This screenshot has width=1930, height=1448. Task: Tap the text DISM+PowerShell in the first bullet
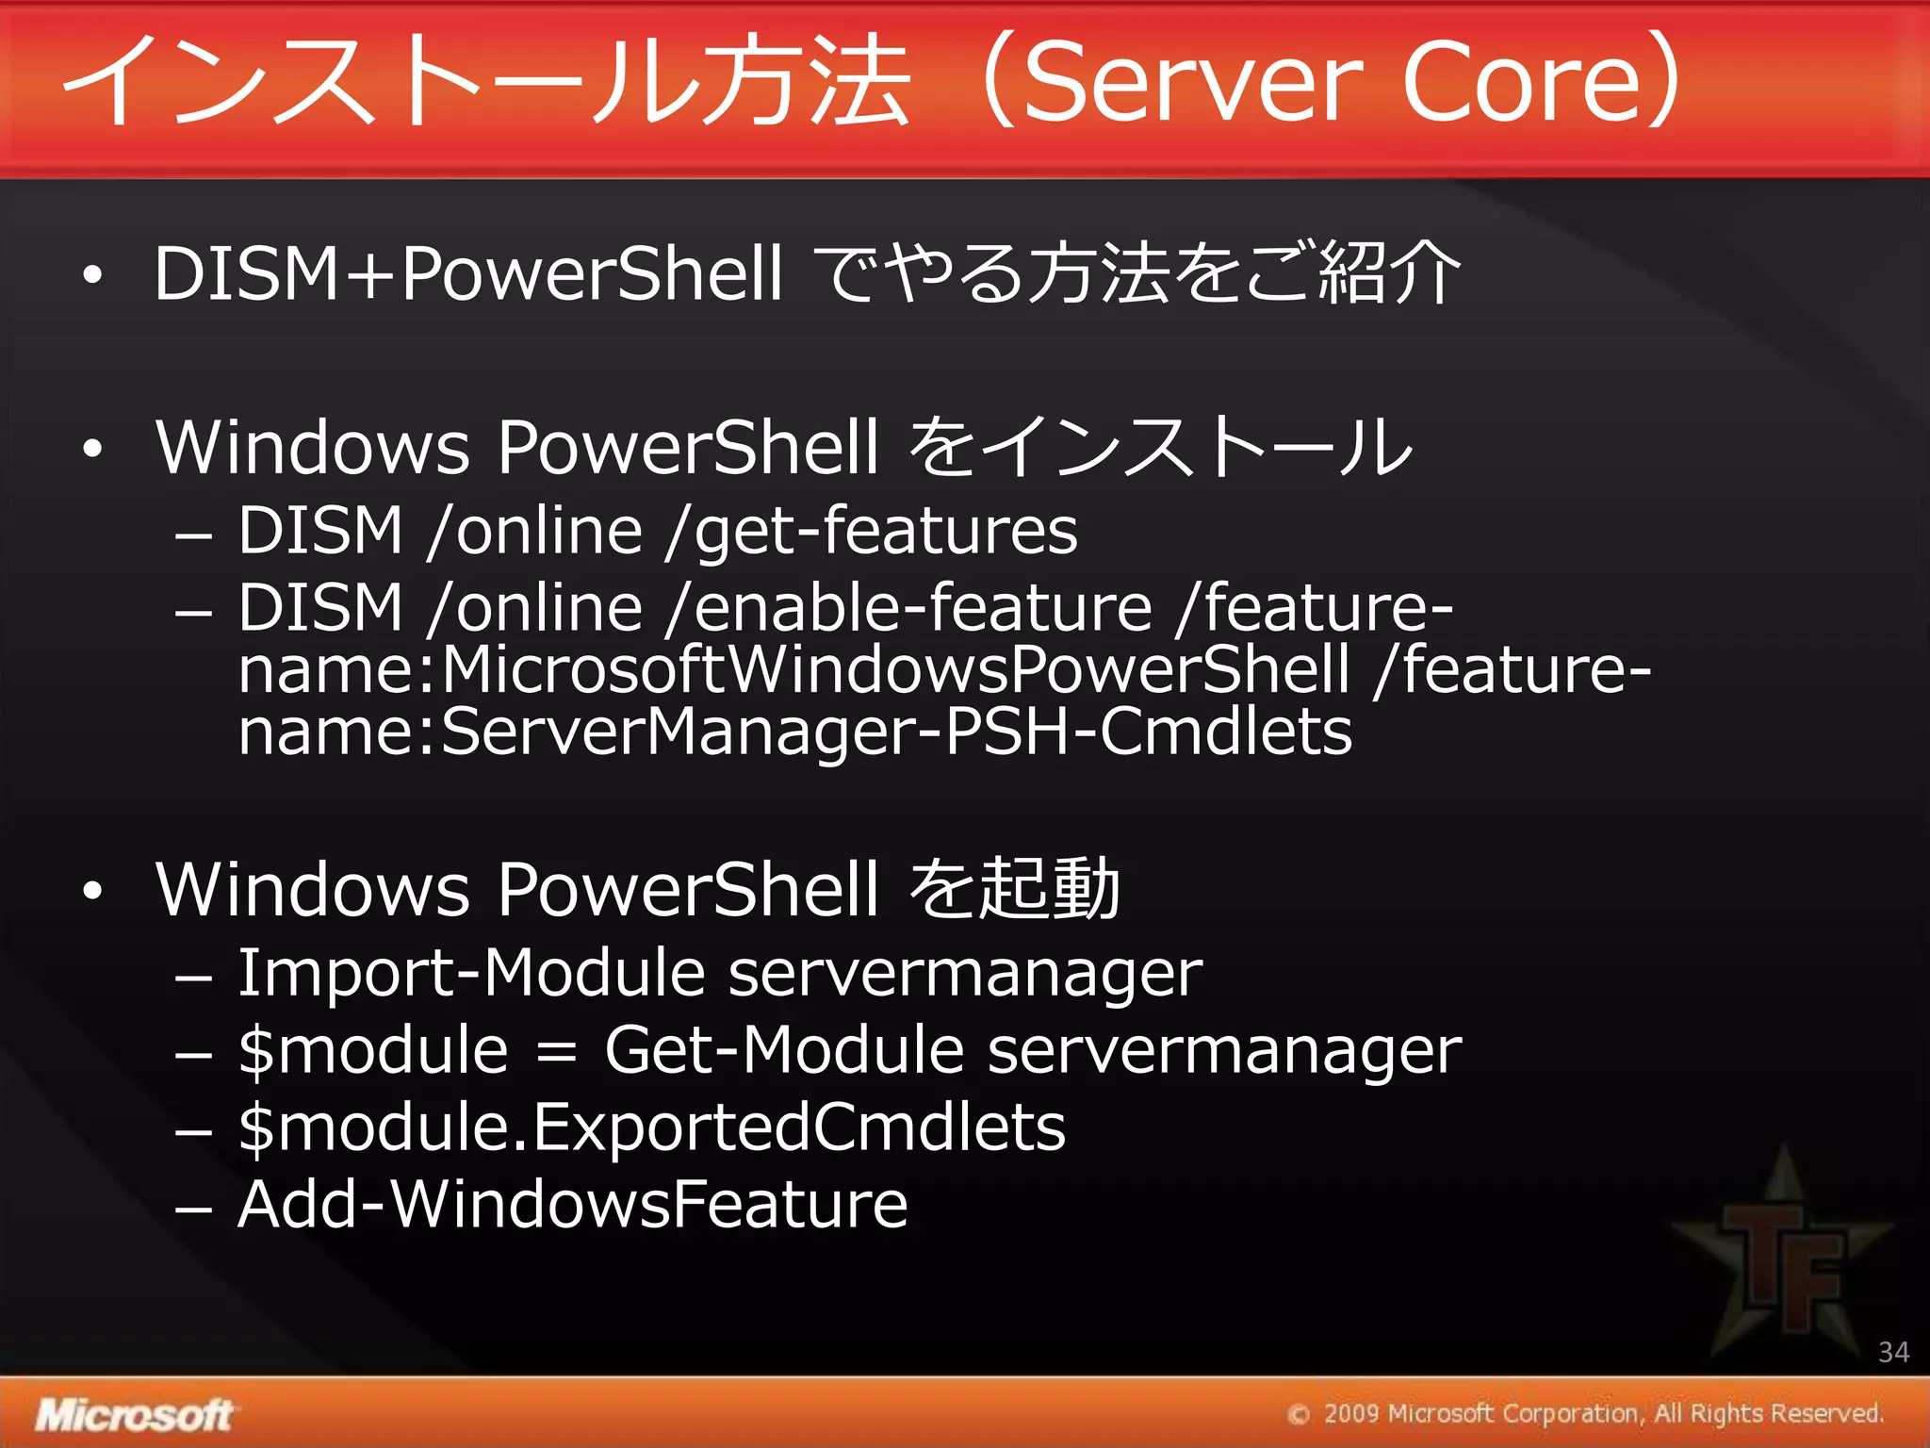[x=467, y=273]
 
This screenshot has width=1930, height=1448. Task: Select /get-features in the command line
[x=872, y=531]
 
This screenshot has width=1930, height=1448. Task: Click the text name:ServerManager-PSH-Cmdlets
[x=794, y=732]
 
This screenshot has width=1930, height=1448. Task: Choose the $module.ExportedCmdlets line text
[x=651, y=1127]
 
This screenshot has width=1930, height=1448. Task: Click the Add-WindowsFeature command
[x=573, y=1205]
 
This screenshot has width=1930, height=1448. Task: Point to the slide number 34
[x=1893, y=1352]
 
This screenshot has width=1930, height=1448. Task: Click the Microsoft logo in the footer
[x=134, y=1415]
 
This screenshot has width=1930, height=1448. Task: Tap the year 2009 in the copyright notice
[x=1351, y=1413]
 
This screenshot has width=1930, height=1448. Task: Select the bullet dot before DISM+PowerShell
[x=91, y=275]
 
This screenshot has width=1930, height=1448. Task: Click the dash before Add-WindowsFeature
[x=193, y=1209]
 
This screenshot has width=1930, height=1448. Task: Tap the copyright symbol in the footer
[x=1299, y=1414]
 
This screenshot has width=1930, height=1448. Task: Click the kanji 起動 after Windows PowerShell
[x=1049, y=889]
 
